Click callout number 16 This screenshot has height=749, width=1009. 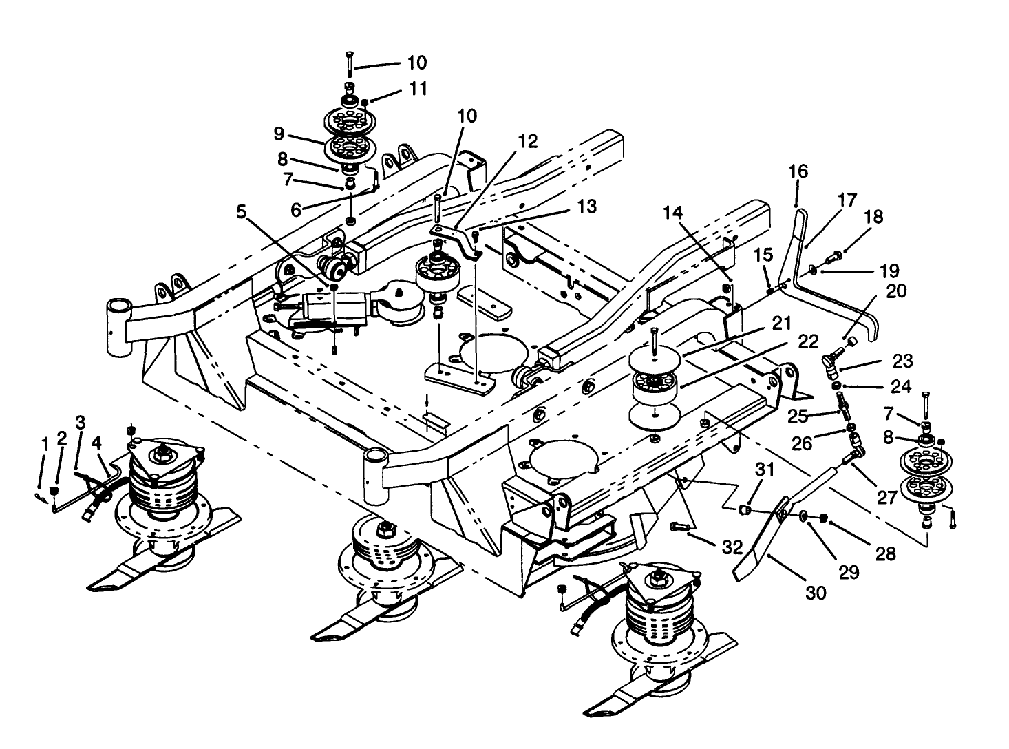pos(798,171)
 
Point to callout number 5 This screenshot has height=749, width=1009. pos(241,212)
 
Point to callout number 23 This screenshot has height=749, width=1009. pos(902,361)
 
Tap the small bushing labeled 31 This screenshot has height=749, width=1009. pos(744,510)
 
